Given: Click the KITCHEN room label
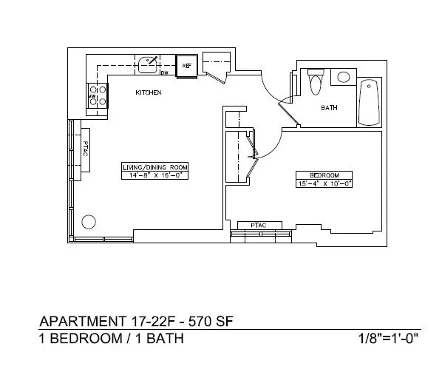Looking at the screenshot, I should coord(148,93).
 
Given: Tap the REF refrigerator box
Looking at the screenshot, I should coord(187,66).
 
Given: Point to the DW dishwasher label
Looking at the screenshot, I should coord(164,72).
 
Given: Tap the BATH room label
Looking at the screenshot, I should coord(329,108).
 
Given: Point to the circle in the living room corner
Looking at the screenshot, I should coord(89,220).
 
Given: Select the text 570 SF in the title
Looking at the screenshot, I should coord(214,322).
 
